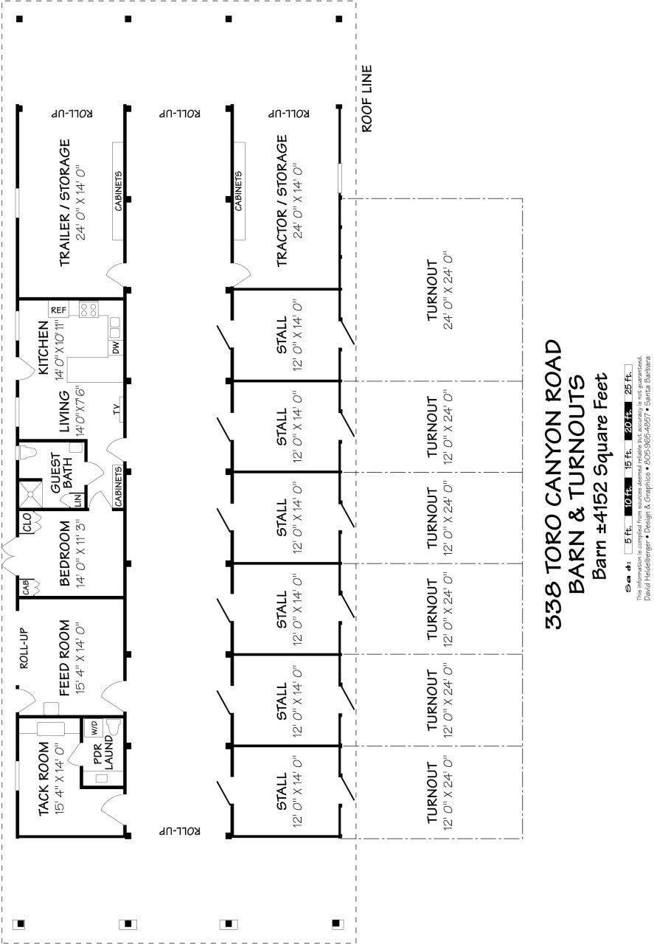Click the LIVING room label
point(64,412)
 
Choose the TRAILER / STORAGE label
point(65,203)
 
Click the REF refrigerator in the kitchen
point(59,310)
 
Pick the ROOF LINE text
point(366,99)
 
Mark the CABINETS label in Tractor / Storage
point(239,191)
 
